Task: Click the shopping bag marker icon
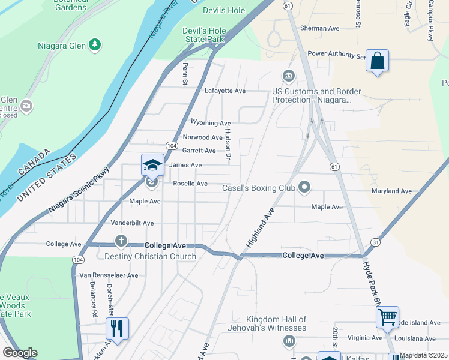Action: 377,61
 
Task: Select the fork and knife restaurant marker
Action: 117,329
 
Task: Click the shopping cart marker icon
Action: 388,316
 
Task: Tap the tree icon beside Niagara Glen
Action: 94,44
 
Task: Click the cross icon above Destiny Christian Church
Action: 121,241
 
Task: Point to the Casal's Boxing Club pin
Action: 304,188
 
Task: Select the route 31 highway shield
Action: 376,242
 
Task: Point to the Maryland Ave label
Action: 391,191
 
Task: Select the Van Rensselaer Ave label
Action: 109,275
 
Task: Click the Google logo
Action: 20,353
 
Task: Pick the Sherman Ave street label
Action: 320,28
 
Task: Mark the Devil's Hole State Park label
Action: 203,35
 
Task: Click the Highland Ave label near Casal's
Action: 259,229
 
